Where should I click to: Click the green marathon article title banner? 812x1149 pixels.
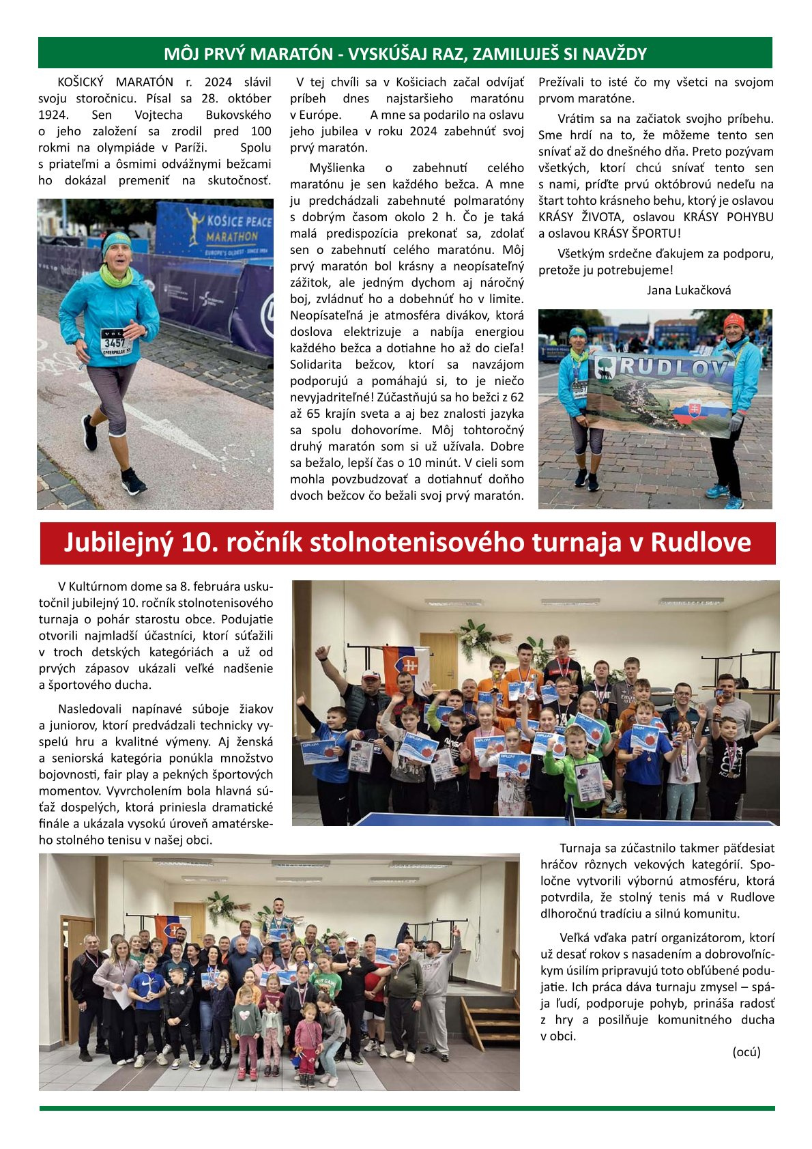405,53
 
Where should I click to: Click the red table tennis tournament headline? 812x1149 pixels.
407,543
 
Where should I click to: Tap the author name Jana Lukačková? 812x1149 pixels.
688,290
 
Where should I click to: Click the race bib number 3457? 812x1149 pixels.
114,342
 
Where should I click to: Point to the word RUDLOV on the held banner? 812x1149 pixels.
671,369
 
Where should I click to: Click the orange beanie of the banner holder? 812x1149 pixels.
734,320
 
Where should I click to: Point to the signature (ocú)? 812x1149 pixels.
746,1052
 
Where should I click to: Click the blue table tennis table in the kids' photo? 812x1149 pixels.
478,818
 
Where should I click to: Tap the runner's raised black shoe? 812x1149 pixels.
133,483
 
